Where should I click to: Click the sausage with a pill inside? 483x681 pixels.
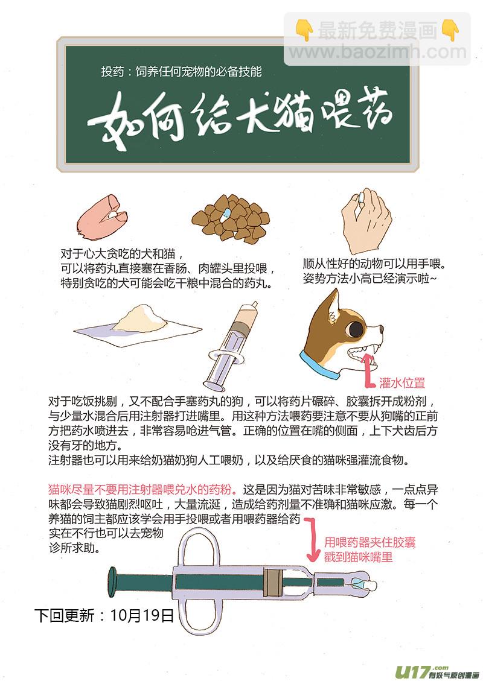coord(102,217)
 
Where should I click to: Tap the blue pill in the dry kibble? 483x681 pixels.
coord(226,214)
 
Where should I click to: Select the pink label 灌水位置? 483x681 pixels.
coord(402,382)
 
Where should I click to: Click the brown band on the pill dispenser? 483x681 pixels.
coord(272,582)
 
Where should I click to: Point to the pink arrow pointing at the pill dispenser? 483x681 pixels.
coord(312,539)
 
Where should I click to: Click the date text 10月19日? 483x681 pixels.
coord(142,615)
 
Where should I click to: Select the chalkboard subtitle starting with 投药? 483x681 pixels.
coord(181,71)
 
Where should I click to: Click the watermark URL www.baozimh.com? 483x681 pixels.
coord(377,52)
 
